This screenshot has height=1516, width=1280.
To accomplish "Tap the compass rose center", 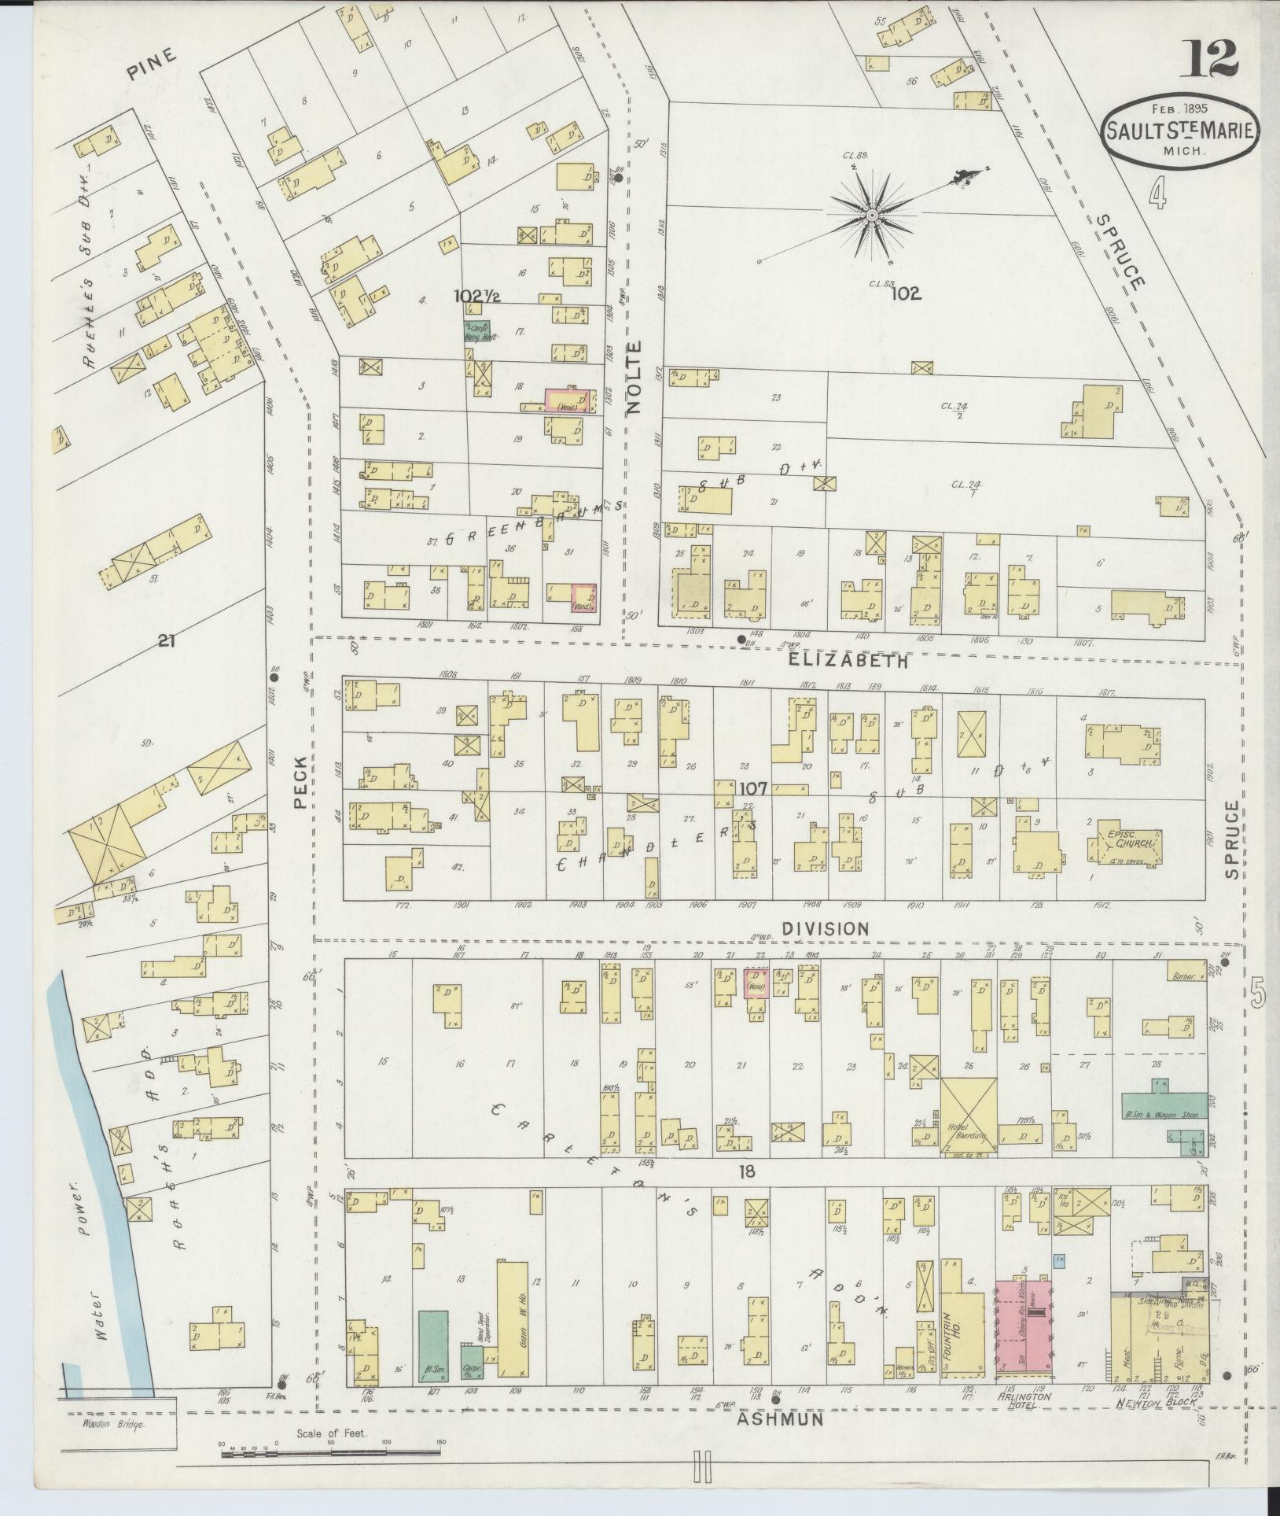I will click(x=872, y=214).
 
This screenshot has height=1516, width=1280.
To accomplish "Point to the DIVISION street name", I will click(x=826, y=928).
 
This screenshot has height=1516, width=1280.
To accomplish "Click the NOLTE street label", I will click(x=635, y=377).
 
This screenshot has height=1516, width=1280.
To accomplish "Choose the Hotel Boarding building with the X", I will click(x=969, y=1116).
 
